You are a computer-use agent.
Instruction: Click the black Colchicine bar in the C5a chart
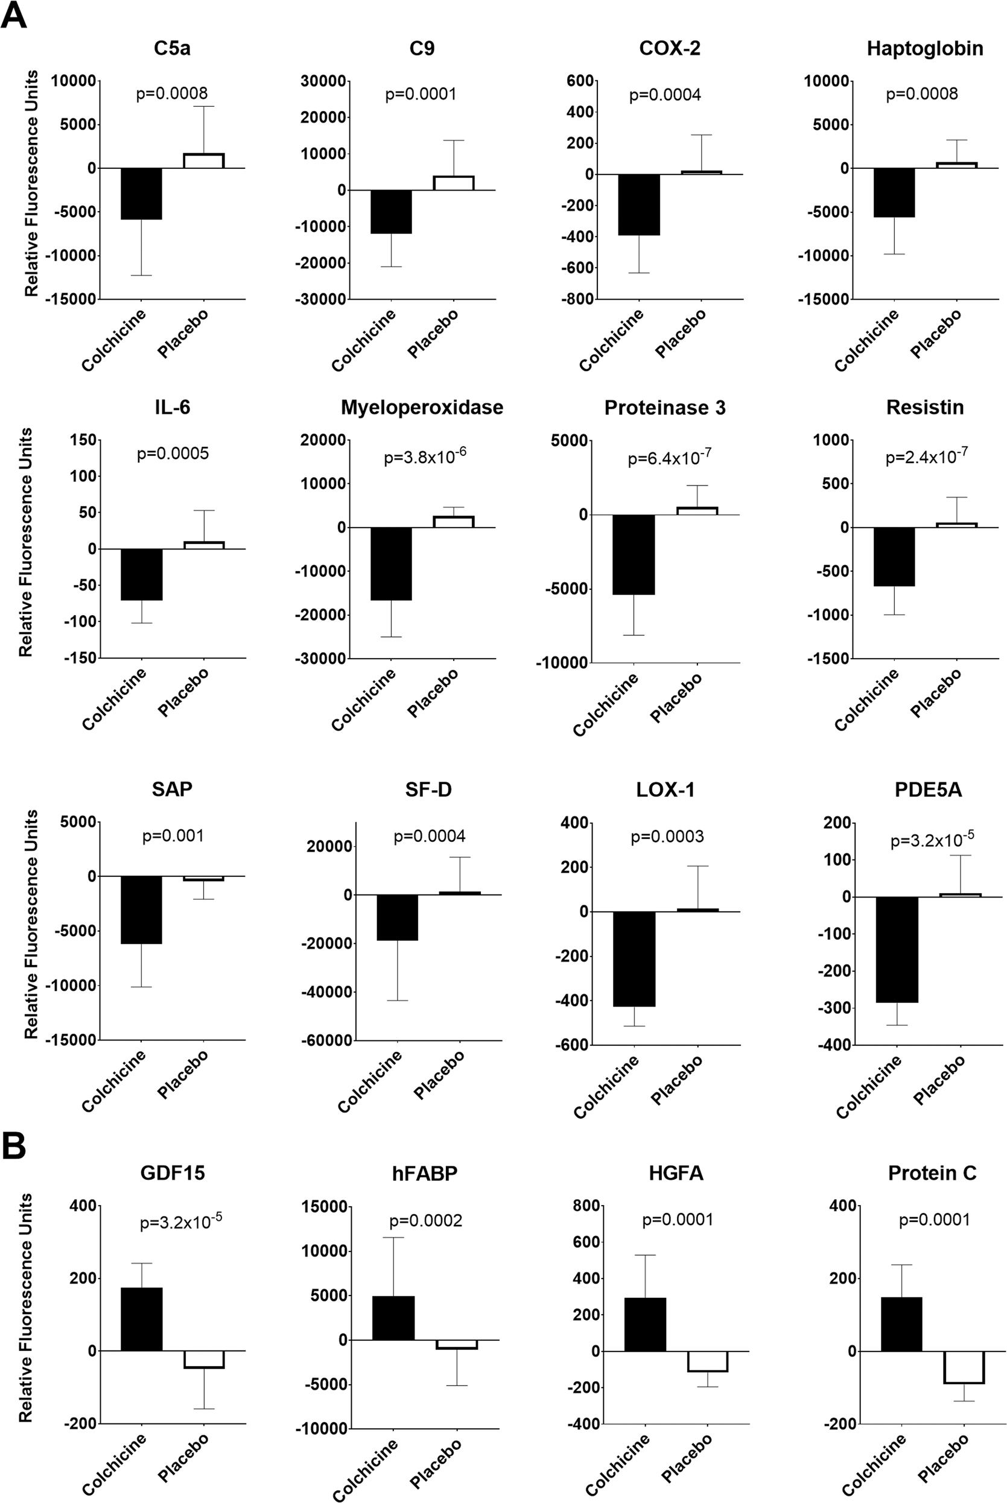[x=141, y=193]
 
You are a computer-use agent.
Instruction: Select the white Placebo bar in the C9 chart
[x=453, y=183]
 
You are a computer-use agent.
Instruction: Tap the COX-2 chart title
[x=669, y=49]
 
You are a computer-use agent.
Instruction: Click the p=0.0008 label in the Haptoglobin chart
[x=921, y=94]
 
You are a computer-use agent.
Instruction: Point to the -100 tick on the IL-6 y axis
[x=80, y=621]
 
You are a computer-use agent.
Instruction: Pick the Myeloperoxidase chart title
[x=421, y=408]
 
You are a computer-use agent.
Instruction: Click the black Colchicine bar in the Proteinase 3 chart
[x=634, y=555]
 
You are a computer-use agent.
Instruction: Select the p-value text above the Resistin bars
[x=926, y=457]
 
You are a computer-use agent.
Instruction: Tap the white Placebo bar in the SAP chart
[x=203, y=878]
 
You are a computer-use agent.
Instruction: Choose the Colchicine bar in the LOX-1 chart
[x=635, y=958]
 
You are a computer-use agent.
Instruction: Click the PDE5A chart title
[x=928, y=789]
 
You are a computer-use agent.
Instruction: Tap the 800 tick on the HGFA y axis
[x=588, y=1206]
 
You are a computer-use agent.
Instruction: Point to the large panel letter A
[x=14, y=16]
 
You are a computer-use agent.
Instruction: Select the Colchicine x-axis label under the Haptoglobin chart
[x=866, y=340]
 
